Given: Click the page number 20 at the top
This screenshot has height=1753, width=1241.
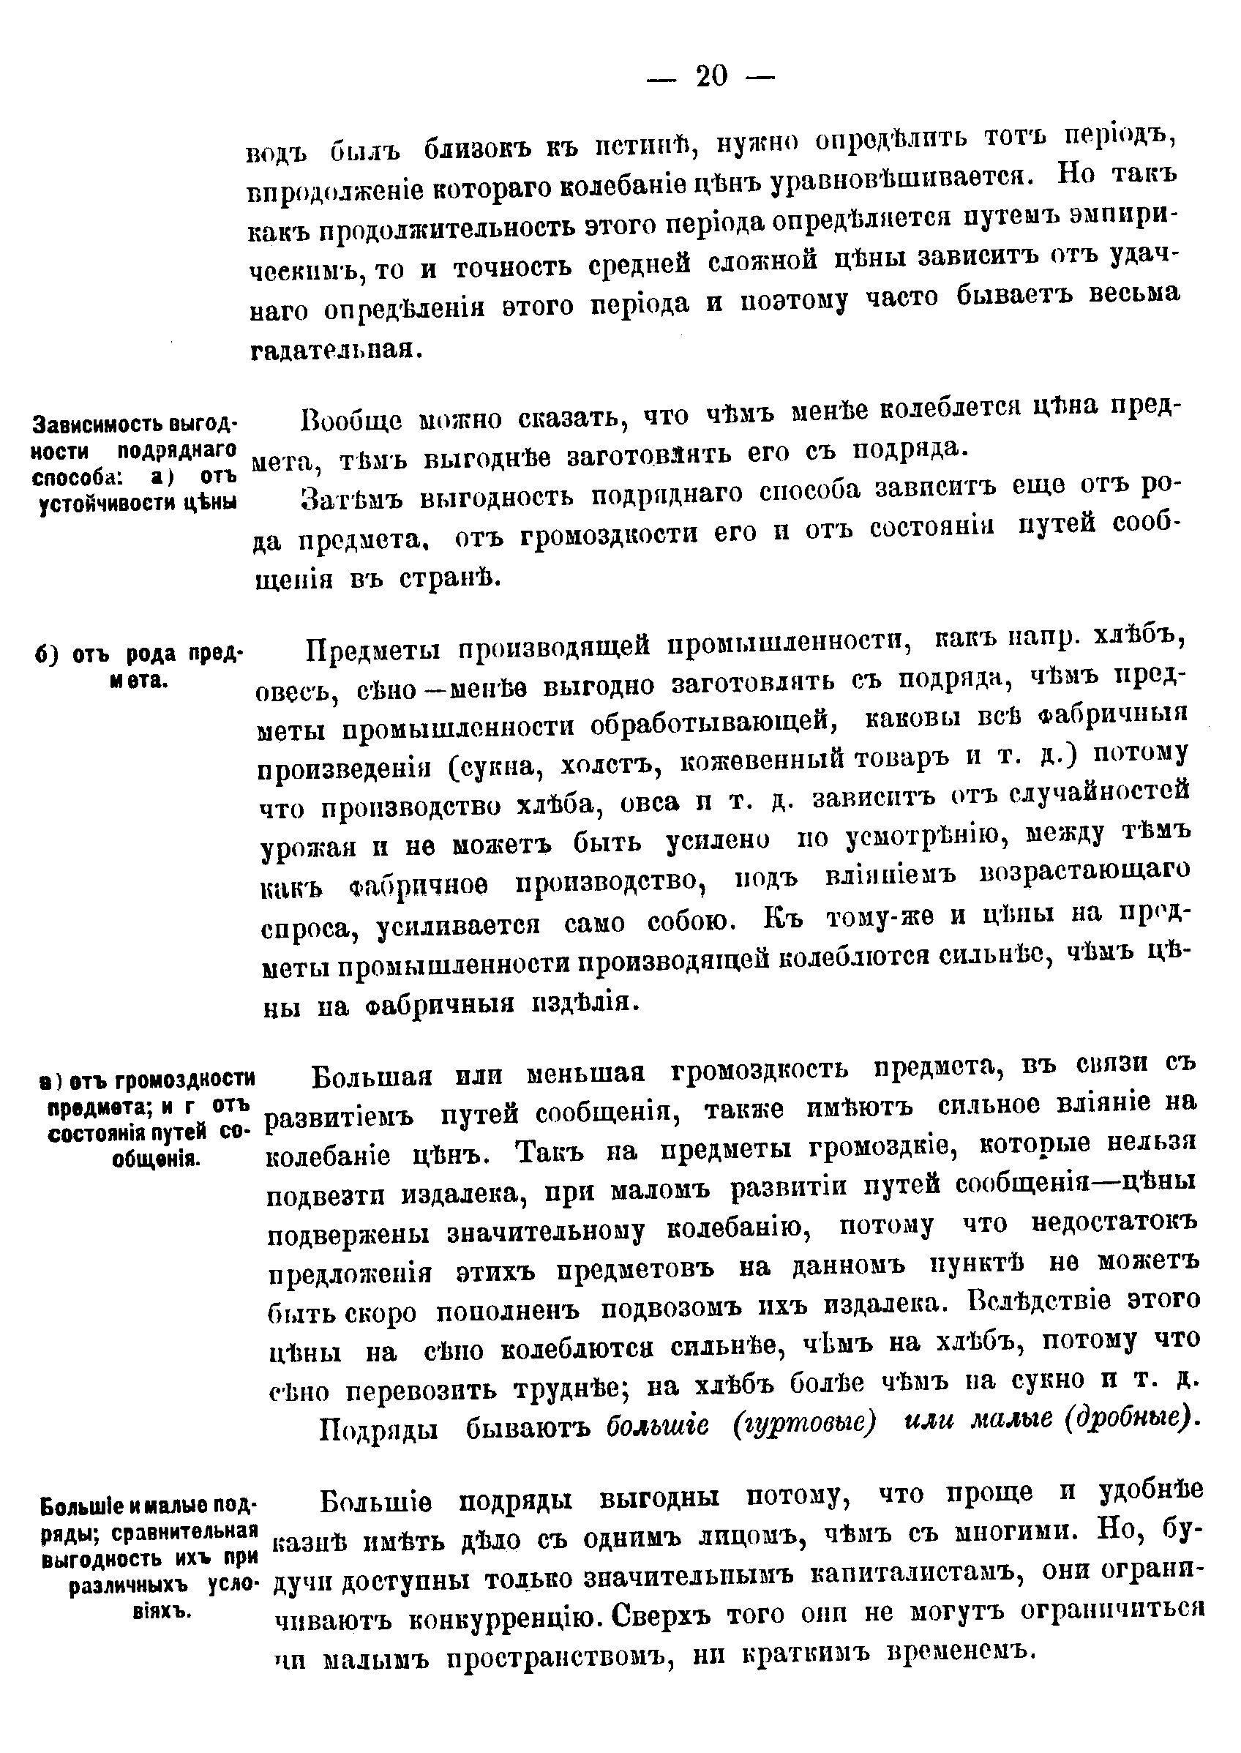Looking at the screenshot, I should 711,76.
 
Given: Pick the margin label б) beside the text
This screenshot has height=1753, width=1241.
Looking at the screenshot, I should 48,656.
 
